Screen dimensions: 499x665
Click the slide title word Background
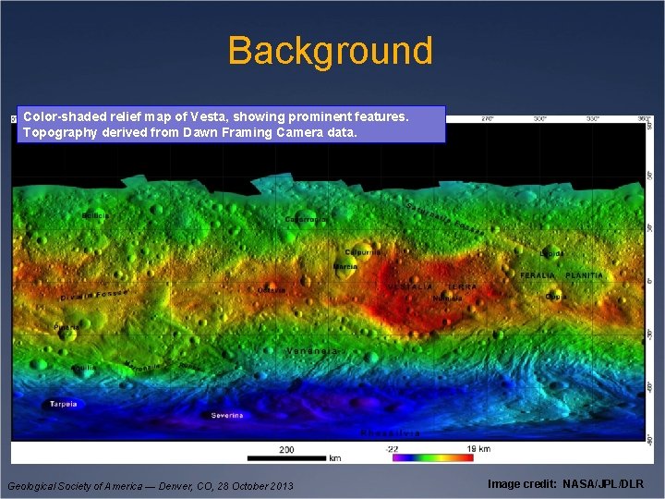pos(330,51)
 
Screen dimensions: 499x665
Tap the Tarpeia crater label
pos(64,404)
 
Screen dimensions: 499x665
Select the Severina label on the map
pos(227,416)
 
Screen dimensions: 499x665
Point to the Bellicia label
pos(95,215)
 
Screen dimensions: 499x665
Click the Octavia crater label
pos(272,290)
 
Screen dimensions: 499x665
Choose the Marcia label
pos(345,266)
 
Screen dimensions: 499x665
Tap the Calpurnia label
pos(362,251)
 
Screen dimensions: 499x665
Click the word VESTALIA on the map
pos(410,286)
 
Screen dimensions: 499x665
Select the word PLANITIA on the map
pos(584,275)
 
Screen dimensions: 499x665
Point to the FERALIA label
pos(538,275)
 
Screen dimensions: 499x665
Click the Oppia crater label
pos(556,297)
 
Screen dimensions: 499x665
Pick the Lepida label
pos(552,252)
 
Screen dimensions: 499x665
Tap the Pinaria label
pos(67,327)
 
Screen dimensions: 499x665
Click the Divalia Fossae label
pos(93,296)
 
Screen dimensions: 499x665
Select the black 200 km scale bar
pos(287,457)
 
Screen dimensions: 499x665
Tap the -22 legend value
pos(393,449)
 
